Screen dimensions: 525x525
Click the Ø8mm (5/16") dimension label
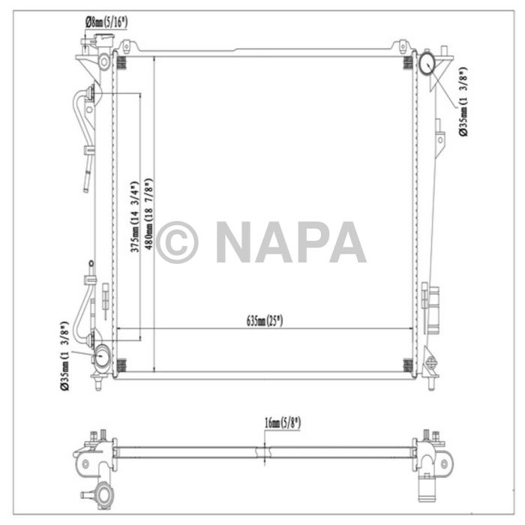106,22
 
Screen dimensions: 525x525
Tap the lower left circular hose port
101,354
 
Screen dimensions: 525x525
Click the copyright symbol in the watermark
176,241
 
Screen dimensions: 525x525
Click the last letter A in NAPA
347,241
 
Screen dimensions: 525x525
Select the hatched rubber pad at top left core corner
120,61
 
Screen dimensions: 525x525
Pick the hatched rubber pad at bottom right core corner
407,365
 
